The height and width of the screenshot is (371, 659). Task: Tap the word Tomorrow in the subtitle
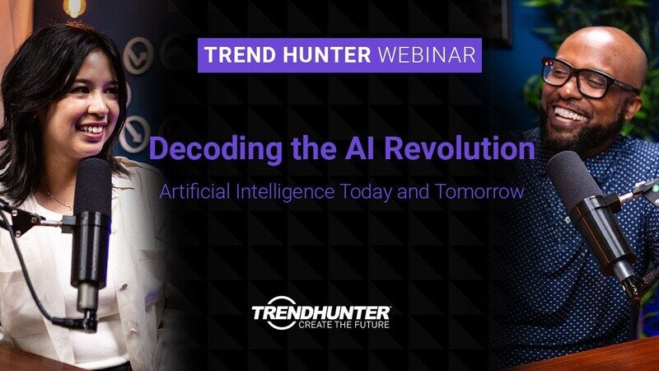483,192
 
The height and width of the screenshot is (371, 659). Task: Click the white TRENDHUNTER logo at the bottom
321,312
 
